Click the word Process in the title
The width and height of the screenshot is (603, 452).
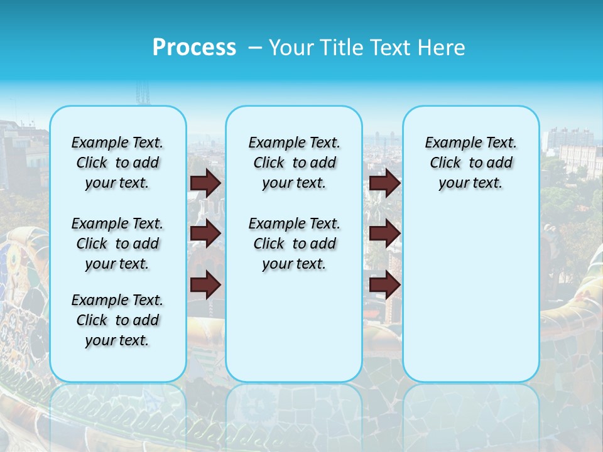pos(194,47)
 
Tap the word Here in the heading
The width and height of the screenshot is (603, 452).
pos(443,48)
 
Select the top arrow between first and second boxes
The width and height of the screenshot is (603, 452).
pos(205,183)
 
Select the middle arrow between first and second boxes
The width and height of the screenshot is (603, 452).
pos(205,234)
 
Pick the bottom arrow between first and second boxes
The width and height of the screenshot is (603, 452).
pos(205,285)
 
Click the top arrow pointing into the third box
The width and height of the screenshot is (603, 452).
pos(385,183)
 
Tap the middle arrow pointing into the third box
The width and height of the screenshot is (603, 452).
pos(385,234)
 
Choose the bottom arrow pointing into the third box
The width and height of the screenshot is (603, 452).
pos(385,285)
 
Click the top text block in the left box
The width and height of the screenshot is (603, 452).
pos(117,163)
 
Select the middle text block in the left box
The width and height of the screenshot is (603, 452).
pos(117,244)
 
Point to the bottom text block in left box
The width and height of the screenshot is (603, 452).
pos(117,320)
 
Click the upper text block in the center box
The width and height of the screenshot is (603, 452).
pos(294,163)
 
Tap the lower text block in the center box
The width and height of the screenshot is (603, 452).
pos(294,244)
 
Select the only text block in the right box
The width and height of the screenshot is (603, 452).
pos(470,163)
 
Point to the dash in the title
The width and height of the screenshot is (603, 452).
pos(255,48)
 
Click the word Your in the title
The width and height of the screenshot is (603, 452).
pos(292,48)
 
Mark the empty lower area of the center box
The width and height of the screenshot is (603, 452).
pos(294,326)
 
